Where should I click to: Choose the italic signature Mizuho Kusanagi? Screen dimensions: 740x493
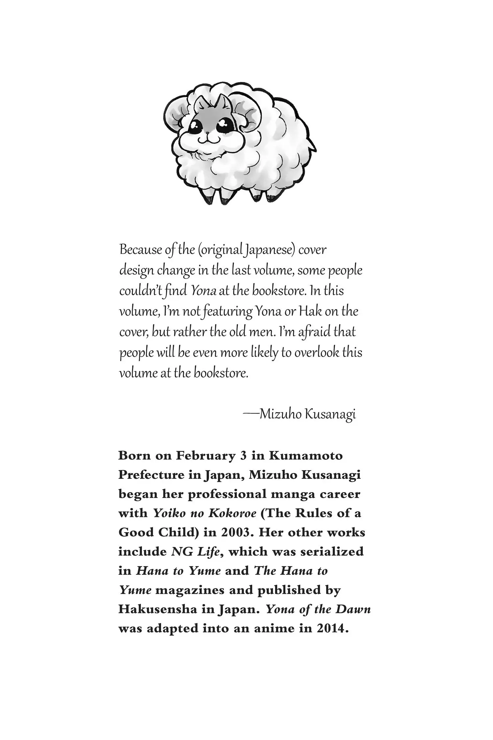click(307, 414)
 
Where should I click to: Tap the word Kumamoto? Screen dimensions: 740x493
click(306, 456)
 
